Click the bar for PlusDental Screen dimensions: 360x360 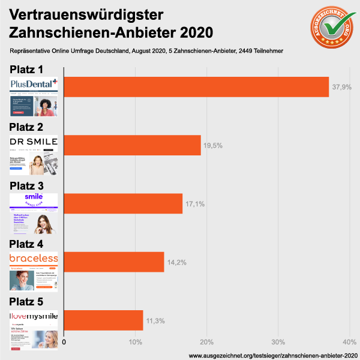coord(196,87)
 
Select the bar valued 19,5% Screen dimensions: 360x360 coord(133,145)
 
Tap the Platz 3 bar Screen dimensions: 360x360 coord(123,203)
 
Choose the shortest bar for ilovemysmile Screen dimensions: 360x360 coord(103,320)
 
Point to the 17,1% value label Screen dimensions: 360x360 coord(195,204)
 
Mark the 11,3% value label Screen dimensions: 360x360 coord(155,320)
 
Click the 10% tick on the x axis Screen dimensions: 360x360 coord(136,342)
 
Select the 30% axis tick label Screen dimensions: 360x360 coord(278,342)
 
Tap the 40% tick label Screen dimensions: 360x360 coord(349,342)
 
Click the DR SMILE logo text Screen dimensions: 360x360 coord(34,142)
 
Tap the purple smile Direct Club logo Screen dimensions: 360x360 coord(34,200)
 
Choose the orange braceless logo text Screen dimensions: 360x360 coord(34,258)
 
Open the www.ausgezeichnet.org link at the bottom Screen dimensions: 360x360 coord(273,356)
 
